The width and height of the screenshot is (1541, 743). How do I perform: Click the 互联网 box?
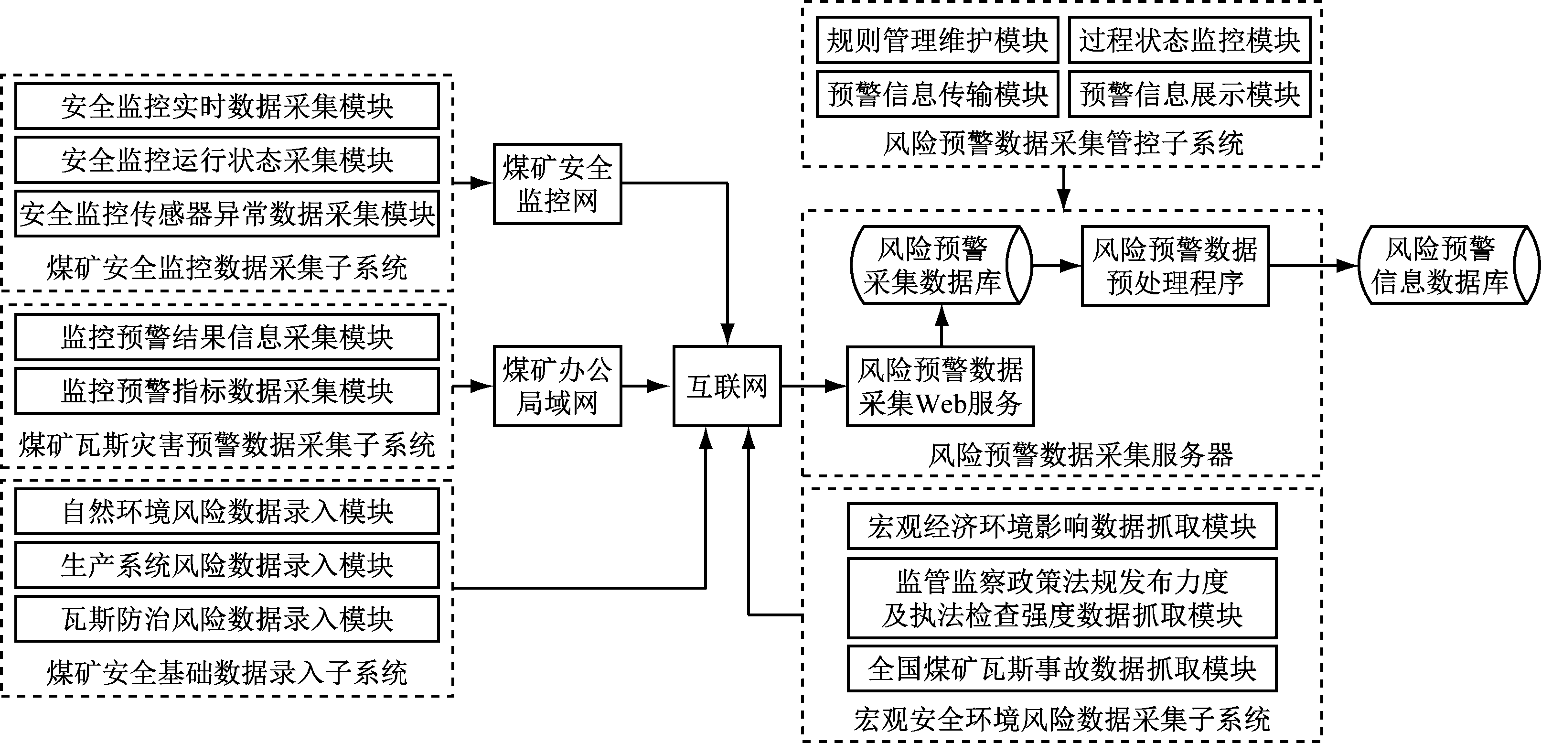[727, 386]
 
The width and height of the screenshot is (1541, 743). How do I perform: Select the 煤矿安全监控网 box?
[557, 183]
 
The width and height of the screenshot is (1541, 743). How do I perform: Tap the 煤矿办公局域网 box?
[557, 386]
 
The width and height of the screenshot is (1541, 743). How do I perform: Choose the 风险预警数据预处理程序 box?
[1175, 266]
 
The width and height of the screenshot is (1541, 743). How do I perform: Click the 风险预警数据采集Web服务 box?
[940, 387]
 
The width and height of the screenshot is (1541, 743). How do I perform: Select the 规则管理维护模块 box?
[937, 40]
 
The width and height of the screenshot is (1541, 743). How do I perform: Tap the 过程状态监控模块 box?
[1189, 40]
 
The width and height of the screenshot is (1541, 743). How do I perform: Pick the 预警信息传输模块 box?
[937, 94]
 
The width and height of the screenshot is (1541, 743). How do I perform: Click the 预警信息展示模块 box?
[1189, 94]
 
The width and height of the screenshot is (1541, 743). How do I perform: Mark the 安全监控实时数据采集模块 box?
[227, 106]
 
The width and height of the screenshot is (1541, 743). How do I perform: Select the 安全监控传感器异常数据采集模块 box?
[227, 214]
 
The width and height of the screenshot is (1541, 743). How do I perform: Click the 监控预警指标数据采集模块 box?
[227, 391]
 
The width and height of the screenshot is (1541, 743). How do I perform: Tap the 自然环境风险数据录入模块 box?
[227, 511]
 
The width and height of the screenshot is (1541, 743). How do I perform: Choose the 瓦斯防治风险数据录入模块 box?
[227, 619]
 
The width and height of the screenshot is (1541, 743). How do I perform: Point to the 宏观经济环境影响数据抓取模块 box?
[1062, 527]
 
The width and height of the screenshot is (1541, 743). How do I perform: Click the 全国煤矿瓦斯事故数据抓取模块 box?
[1062, 668]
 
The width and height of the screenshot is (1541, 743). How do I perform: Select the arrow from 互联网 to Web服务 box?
[813, 387]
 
